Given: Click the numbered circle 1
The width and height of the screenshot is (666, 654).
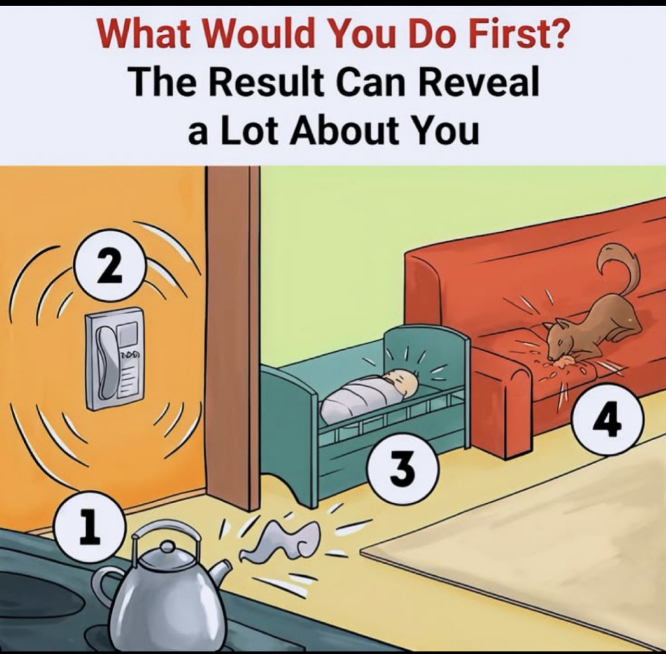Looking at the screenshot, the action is click(90, 527).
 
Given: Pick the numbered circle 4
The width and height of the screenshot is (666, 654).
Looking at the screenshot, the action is click(609, 419).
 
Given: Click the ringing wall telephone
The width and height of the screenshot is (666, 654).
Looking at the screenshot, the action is click(115, 359).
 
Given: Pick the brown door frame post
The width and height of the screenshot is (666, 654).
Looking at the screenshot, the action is click(232, 335).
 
